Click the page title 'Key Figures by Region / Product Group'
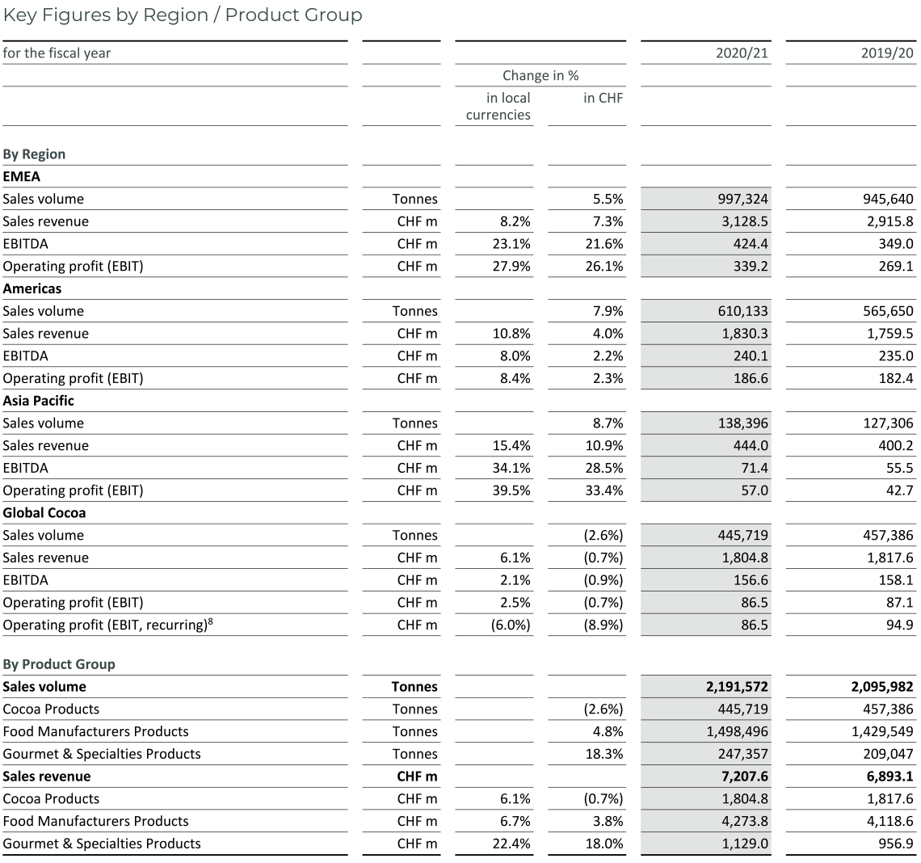coord(183,15)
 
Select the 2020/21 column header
coord(743,53)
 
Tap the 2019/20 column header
coord(889,53)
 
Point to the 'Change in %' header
coord(540,75)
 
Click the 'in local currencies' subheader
coord(498,107)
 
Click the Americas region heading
coord(32,288)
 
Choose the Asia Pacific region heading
coord(39,401)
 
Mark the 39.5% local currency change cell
coord(512,490)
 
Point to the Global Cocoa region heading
coord(44,513)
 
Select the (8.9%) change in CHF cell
coord(605,625)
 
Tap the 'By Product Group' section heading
coord(59,664)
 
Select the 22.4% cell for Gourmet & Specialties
coord(512,844)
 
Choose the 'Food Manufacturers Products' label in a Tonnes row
coord(95,731)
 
